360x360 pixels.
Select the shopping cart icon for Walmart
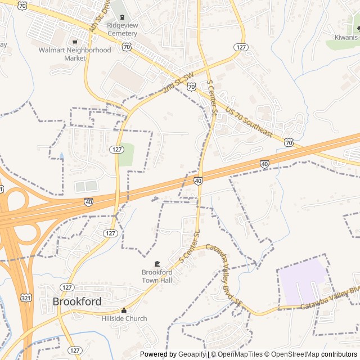point(75,41)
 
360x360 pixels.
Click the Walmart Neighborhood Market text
point(75,54)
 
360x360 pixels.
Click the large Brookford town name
point(77,301)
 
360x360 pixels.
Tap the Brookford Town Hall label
point(157,276)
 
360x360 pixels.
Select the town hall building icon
point(157,264)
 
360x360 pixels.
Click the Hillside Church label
point(124,318)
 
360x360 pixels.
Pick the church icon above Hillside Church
point(124,310)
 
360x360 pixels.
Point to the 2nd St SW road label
point(178,82)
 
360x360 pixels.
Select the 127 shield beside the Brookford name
point(67,287)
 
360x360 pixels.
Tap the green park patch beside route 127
point(127,155)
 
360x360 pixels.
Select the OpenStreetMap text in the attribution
point(296,354)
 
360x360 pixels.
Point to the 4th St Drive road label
point(99,18)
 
